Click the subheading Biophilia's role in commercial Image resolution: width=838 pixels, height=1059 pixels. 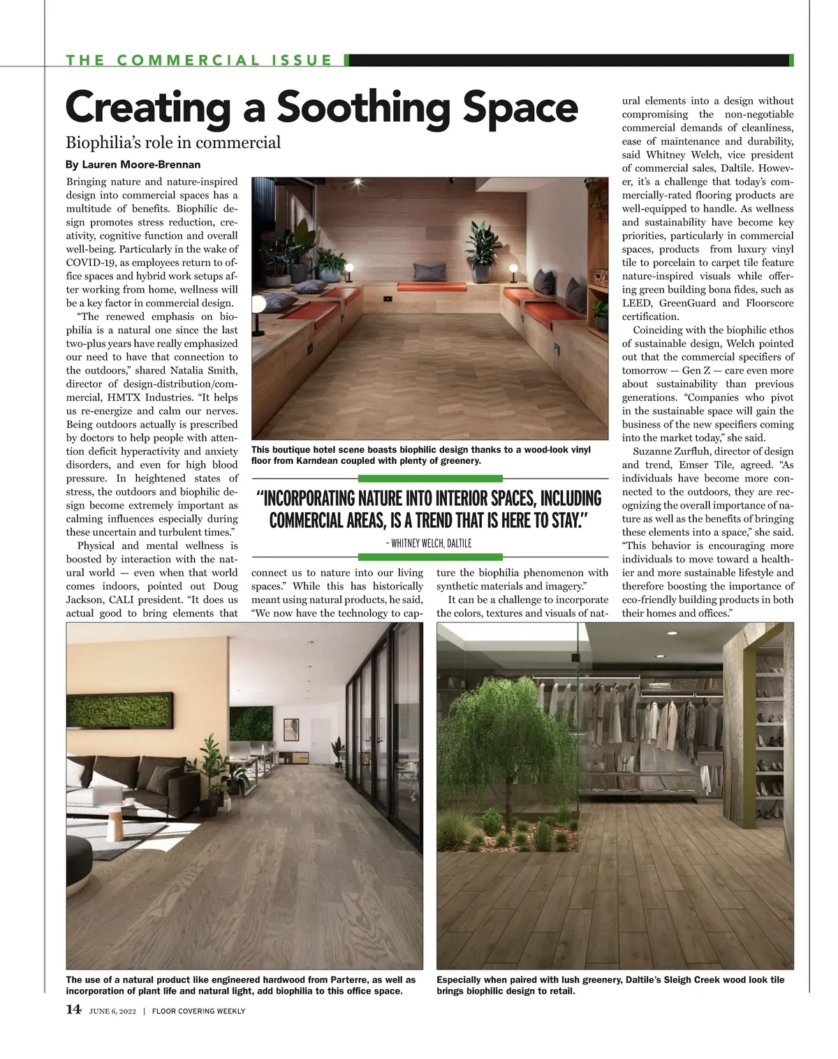point(173,143)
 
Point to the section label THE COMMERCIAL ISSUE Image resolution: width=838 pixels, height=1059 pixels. point(200,60)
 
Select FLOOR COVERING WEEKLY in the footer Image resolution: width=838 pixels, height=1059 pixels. point(198,1010)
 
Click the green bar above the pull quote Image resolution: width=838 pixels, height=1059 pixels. point(430,479)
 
